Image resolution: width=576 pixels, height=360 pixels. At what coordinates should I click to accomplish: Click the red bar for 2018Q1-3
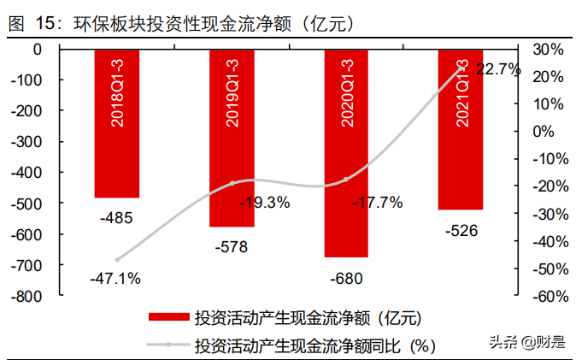coord(116,123)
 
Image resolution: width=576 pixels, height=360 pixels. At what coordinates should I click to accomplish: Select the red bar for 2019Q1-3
coord(232,138)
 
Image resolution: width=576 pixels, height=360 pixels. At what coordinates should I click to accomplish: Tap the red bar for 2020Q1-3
coord(346,153)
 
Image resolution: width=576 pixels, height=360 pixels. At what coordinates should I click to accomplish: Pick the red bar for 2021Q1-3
coord(461,129)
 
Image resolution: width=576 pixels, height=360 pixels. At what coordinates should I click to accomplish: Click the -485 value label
coord(116,218)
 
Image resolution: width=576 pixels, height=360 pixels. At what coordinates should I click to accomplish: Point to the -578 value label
coord(232,248)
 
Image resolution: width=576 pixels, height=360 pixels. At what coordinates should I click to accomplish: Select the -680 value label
coord(346,278)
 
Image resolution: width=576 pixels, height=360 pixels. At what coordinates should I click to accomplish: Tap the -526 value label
coord(461,230)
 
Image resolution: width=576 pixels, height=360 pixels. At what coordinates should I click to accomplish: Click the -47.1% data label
coord(115,278)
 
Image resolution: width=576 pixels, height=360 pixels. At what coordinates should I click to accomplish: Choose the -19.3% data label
coord(264,203)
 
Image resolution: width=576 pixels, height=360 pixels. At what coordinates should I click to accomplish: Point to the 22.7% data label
coord(498,69)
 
